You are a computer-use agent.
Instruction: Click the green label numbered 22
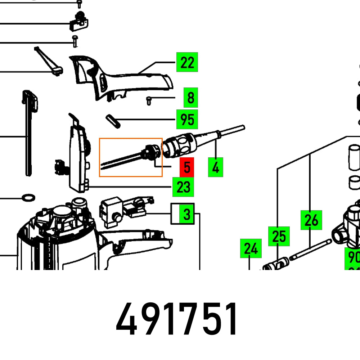pos(187,62)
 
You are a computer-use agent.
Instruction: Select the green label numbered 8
pos(190,98)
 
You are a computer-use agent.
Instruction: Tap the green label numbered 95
pos(187,119)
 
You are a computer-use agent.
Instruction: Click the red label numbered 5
pos(187,167)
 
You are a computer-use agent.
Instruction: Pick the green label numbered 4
pos(215,167)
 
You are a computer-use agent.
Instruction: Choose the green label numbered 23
pos(183,187)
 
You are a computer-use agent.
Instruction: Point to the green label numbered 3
pos(187,214)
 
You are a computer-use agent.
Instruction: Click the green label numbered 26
pos(311,220)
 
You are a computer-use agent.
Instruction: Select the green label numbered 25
pos(279,237)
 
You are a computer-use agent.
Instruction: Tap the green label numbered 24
pos(251,248)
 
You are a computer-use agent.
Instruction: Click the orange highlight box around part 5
pos(131,157)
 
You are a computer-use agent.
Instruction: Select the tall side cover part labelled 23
pos(77,155)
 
